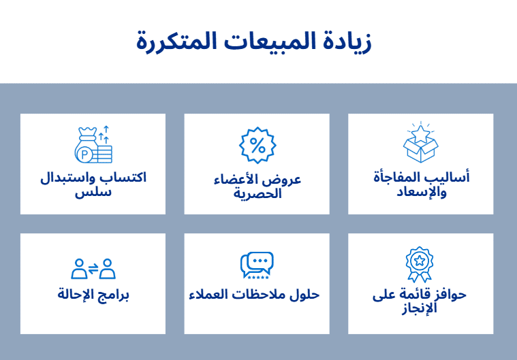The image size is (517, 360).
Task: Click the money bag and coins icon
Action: (93, 144)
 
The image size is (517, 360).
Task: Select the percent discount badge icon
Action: (257, 145)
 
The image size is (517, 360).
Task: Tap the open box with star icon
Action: (420, 142)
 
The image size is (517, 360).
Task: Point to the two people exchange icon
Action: (93, 269)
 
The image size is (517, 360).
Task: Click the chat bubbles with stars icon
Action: (257, 265)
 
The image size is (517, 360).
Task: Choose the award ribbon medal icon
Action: (420, 265)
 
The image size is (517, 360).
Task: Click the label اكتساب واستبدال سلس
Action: (93, 184)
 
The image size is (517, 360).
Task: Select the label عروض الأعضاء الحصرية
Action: (257, 186)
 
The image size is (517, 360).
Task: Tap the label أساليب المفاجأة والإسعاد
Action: (422, 184)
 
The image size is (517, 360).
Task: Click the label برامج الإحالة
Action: (93, 294)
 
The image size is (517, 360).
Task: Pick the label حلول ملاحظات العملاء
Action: (254, 294)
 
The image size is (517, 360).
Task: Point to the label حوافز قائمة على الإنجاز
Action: (420, 301)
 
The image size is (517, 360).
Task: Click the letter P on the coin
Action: (84, 154)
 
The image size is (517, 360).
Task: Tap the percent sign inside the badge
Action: (257, 145)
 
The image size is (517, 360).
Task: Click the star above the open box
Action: (420, 134)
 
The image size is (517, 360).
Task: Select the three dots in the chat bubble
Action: (260, 261)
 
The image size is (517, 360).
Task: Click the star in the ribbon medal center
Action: (420, 261)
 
